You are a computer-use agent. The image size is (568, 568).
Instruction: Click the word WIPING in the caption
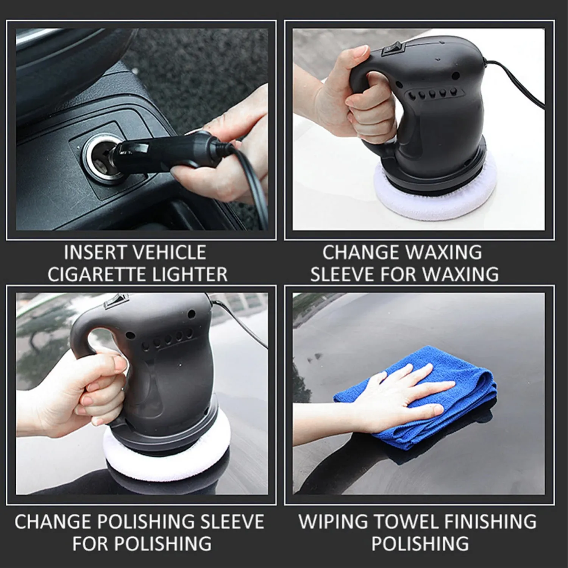[333, 522]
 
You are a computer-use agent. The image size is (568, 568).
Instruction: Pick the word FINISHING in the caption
[491, 522]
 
